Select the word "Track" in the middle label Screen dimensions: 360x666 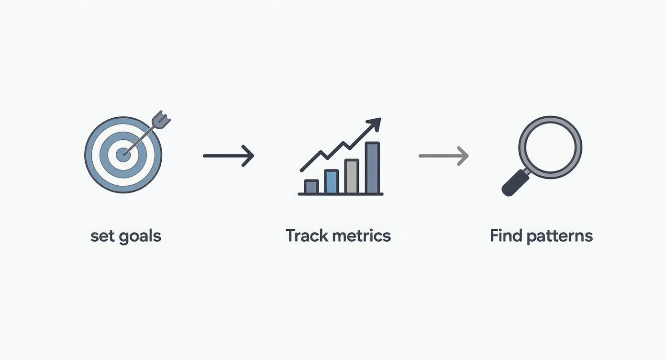click(x=306, y=236)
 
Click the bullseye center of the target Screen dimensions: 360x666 click(x=123, y=155)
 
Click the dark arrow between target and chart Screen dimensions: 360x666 click(x=228, y=156)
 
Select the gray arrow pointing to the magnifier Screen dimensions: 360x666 click(x=444, y=156)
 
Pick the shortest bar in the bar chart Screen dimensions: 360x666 click(x=311, y=187)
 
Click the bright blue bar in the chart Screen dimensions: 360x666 click(x=331, y=181)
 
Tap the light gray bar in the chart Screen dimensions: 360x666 click(x=352, y=176)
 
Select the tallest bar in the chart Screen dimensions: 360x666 click(x=372, y=168)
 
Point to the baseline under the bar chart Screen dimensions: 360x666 click(x=341, y=194)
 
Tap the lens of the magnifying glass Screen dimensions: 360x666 click(x=550, y=147)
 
